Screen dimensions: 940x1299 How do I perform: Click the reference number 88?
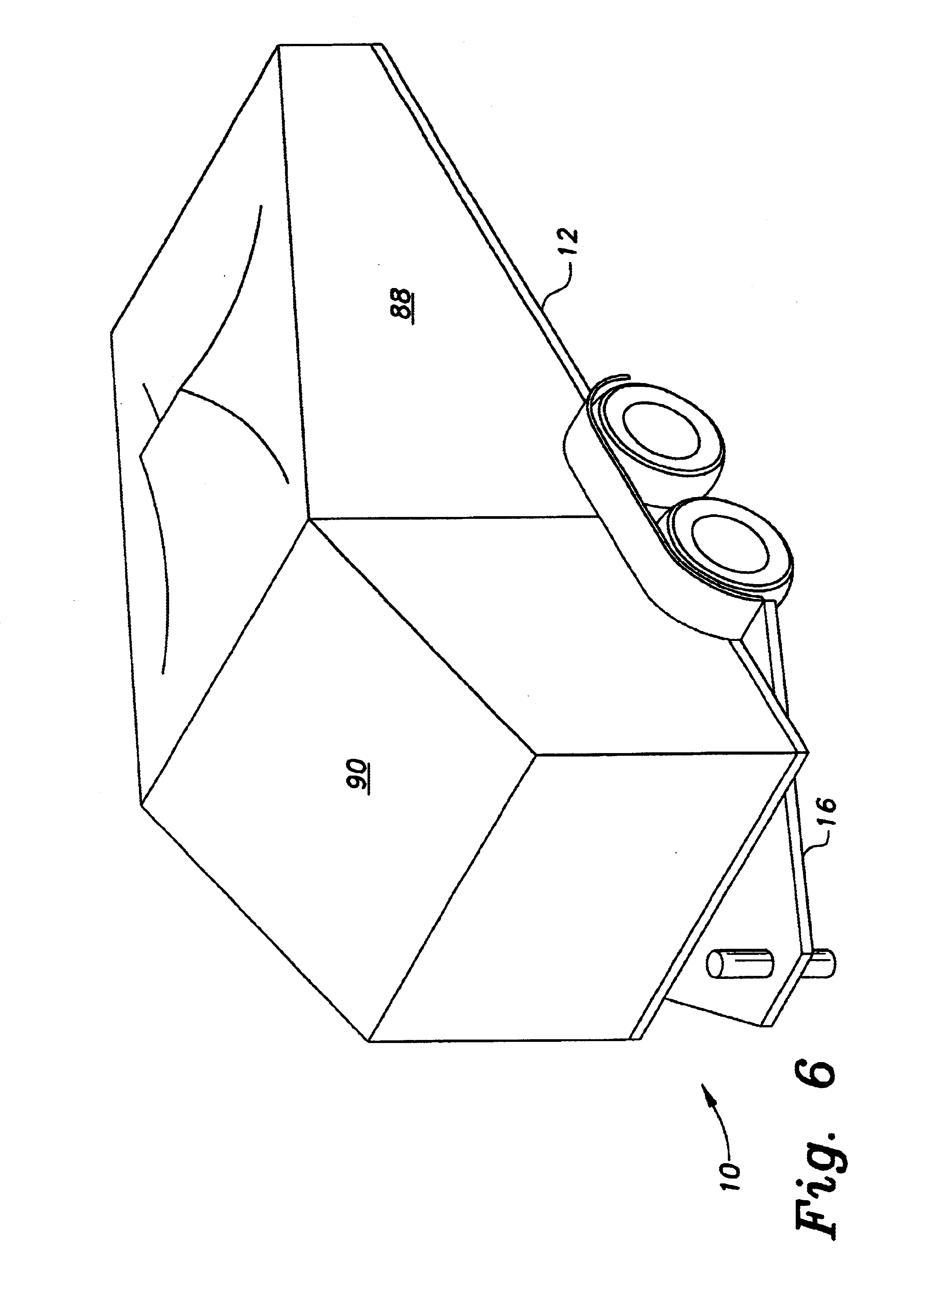[402, 306]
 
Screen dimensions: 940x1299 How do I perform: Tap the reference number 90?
[358, 776]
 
